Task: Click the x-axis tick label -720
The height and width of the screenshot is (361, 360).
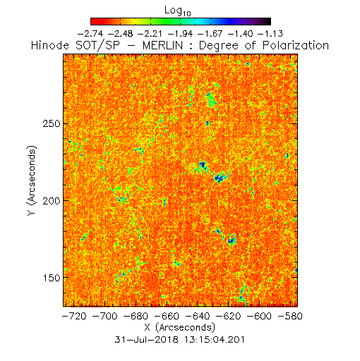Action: coord(74,316)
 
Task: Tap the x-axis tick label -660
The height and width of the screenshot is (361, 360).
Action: coord(167,316)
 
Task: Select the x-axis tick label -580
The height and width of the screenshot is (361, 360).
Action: coord(290,316)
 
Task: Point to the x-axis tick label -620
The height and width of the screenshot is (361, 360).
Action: coord(229,316)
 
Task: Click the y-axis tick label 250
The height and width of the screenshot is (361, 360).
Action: coord(52,123)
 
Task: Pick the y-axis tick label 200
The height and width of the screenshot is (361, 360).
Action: coord(52,201)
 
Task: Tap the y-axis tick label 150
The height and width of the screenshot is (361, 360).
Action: coord(52,278)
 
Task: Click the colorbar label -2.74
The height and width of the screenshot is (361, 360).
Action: coord(90,34)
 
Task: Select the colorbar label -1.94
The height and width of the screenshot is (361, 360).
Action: coord(181,34)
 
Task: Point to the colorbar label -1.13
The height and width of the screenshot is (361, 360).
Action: coord(270,34)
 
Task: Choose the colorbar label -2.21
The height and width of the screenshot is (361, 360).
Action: coord(150,34)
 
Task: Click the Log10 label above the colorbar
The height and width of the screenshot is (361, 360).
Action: coord(178,11)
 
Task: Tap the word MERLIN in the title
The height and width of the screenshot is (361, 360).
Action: coord(162,45)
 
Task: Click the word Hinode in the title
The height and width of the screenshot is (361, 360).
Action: coord(50,45)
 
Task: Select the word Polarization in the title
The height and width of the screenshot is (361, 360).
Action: coord(296,45)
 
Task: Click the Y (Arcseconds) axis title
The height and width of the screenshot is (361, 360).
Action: coord(32,180)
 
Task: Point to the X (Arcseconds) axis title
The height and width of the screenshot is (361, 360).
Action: coord(180,327)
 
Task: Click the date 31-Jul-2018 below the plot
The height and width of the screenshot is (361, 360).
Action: coord(146,340)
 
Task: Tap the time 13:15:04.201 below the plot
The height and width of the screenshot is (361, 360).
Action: coord(214,340)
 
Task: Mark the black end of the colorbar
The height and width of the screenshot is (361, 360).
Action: coord(268,21)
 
